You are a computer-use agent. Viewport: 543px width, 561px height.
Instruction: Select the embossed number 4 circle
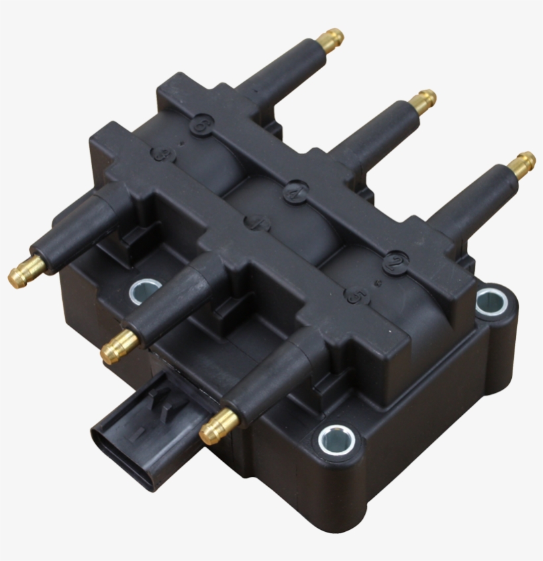click(295, 192)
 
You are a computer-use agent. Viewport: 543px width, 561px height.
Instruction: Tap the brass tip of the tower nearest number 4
click(422, 101)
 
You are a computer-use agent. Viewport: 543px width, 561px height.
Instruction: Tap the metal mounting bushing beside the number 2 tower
click(491, 301)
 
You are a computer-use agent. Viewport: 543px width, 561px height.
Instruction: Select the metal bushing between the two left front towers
click(144, 290)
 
